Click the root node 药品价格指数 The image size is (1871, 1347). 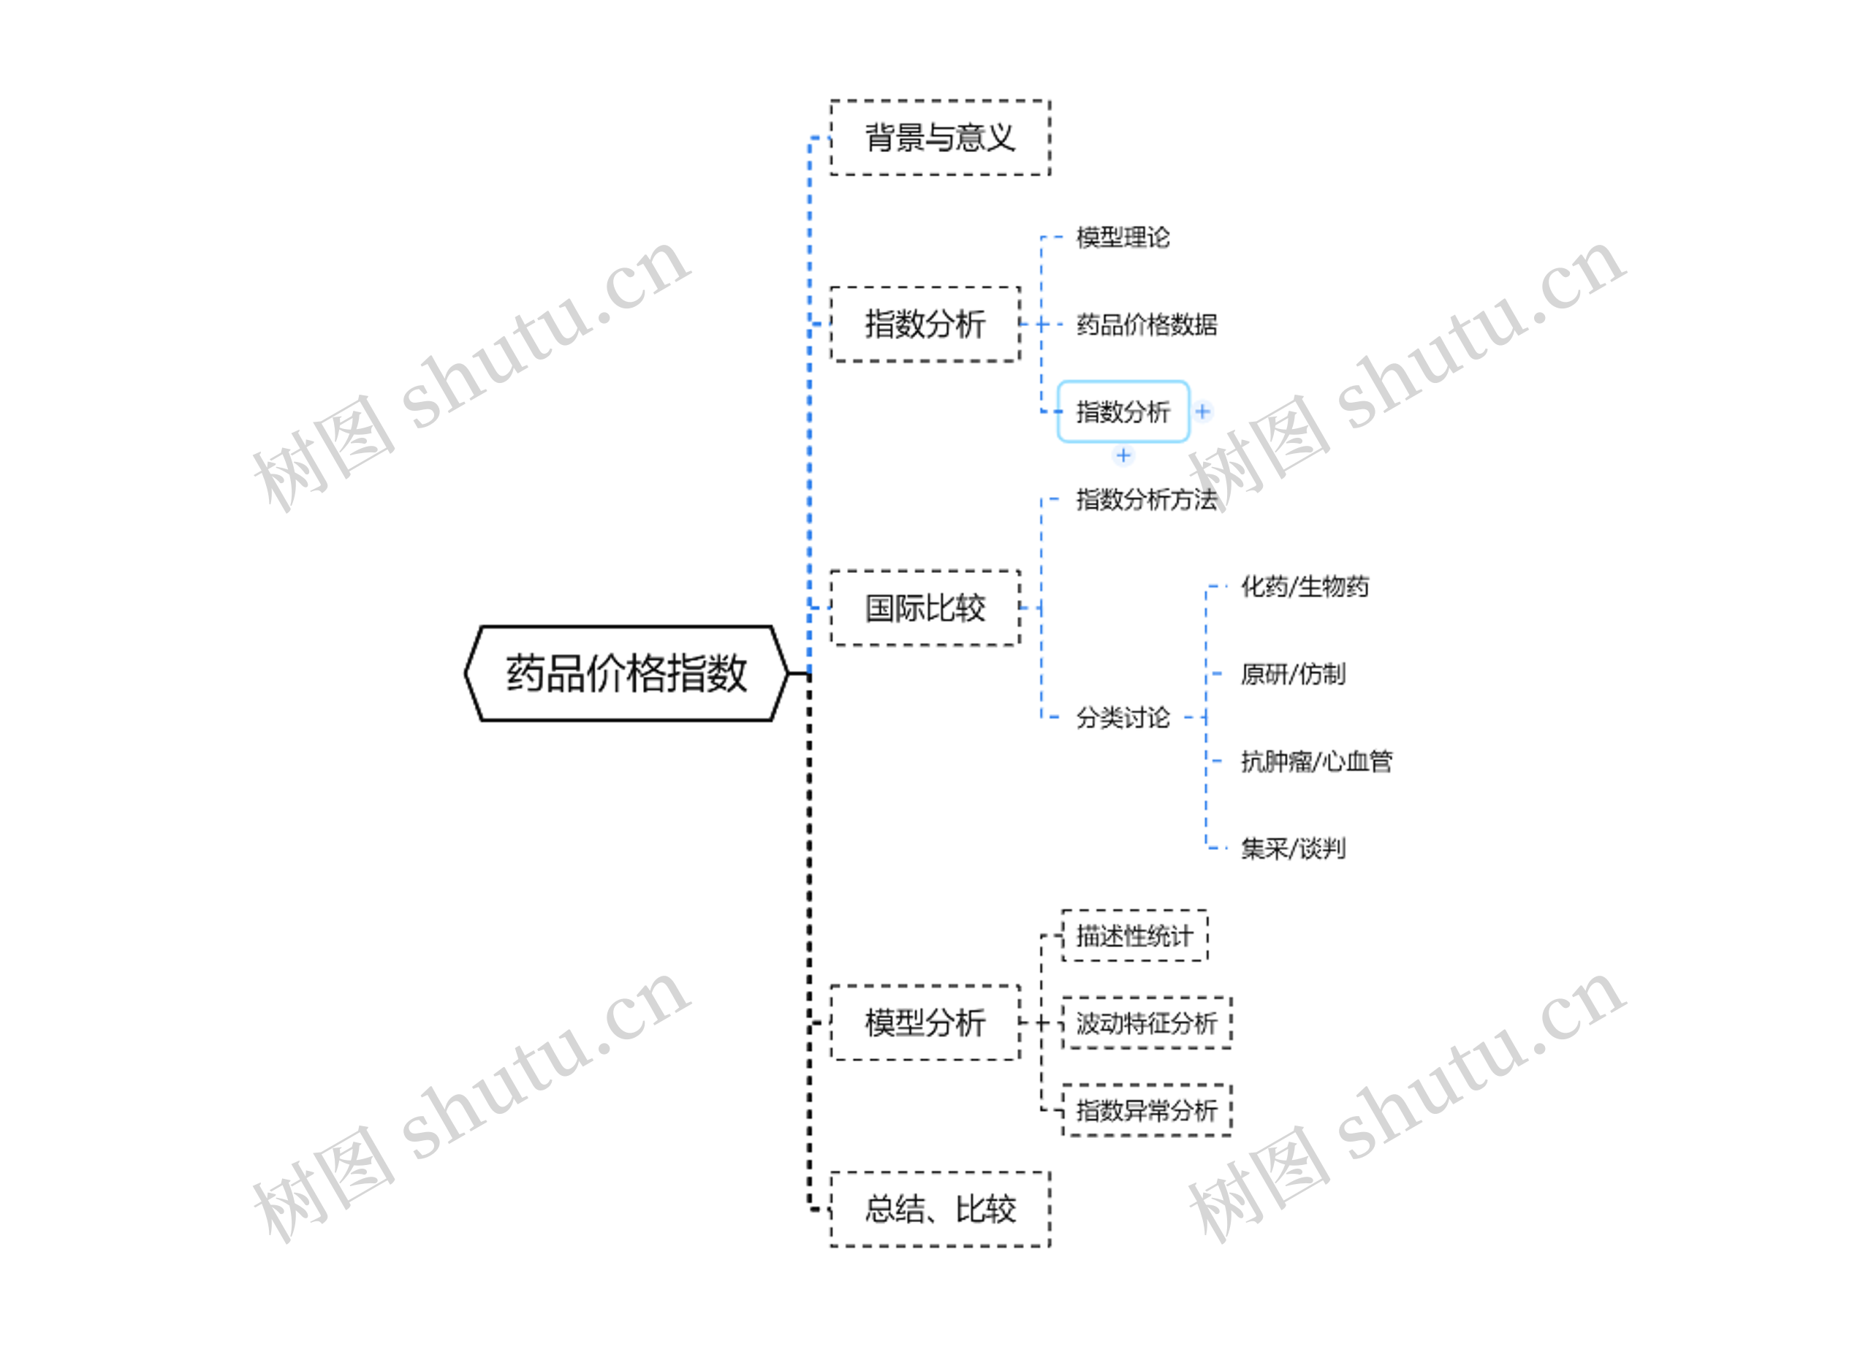[626, 673]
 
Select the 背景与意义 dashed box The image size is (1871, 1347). [940, 137]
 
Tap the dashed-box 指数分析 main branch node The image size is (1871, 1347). [925, 325]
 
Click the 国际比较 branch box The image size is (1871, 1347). [925, 608]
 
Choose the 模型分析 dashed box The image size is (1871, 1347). [925, 1022]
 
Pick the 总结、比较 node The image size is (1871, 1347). [940, 1210]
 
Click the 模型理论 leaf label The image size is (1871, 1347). [1123, 238]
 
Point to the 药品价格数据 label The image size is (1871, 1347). [1147, 325]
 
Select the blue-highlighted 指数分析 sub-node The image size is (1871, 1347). [1123, 411]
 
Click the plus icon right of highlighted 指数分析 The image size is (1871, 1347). [1203, 411]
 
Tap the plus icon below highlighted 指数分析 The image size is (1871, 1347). [1123, 455]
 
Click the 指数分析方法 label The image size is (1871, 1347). [1147, 499]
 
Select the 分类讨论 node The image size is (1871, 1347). [1123, 718]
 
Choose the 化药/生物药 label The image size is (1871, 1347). [1305, 586]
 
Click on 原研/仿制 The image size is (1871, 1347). [1293, 674]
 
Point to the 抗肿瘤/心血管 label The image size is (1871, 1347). [1316, 762]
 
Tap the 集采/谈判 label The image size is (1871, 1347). [1293, 848]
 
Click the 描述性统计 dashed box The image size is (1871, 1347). [1134, 936]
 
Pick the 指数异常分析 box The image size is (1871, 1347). [1147, 1110]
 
